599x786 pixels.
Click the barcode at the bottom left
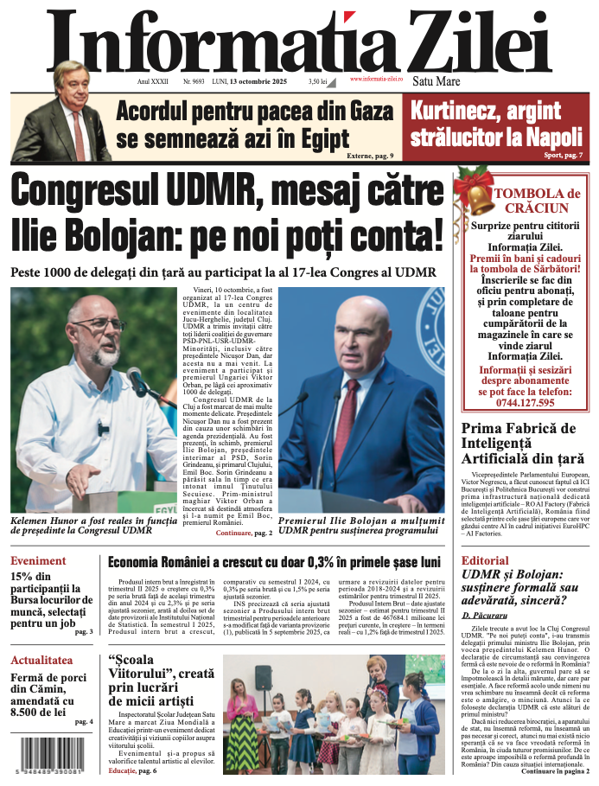pos(45,757)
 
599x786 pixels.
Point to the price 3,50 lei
pos(317,81)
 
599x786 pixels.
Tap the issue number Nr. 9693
pos(194,81)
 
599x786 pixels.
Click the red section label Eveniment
pos(38,560)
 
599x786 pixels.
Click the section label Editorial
pos(485,560)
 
